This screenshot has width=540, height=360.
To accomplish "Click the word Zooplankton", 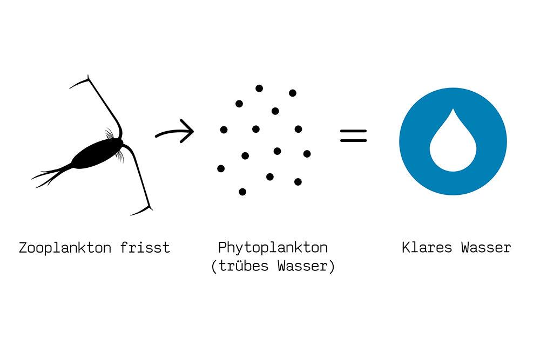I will click(65, 248).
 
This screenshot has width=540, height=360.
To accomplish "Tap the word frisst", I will click(145, 248).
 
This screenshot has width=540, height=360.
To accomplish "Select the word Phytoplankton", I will click(273, 248).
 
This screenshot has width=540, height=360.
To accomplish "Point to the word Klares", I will click(427, 248).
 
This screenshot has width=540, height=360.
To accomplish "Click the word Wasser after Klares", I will click(486, 248).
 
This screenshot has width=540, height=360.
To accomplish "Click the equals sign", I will click(353, 135).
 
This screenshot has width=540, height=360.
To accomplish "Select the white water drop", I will click(453, 146).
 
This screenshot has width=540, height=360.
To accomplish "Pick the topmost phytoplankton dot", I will click(259, 88).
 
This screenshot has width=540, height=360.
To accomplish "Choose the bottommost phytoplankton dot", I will click(242, 192).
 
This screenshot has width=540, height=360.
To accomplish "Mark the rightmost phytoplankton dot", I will click(307, 154).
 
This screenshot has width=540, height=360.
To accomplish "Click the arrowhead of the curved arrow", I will click(188, 131).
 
